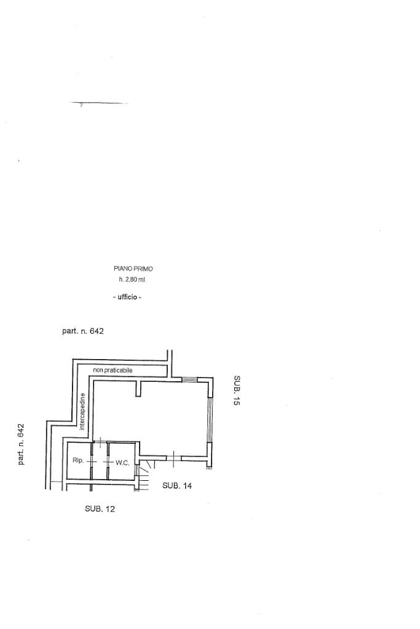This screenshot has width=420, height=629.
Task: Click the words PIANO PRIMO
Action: point(133,269)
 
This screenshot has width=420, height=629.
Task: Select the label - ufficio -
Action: point(127,298)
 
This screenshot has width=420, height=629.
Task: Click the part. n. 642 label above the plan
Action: point(83,331)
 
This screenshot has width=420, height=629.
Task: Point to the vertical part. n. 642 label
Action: point(21,444)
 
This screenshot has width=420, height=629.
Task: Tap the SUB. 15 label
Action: point(237,390)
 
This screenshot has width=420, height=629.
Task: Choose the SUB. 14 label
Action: point(177,486)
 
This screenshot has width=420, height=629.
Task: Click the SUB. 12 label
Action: point(100,508)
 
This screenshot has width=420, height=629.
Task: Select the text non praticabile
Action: point(113,370)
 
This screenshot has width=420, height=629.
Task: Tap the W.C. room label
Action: point(122,462)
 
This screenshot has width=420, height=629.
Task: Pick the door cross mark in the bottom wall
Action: point(173,456)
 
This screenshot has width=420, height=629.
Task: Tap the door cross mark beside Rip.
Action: point(92,461)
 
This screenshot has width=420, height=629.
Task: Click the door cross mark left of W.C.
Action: point(108,461)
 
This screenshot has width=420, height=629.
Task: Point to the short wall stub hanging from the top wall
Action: point(139,389)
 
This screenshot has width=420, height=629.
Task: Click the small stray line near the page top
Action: point(98,103)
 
